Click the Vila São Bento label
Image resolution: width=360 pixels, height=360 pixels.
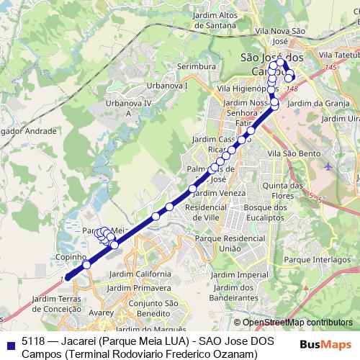[x=288, y=154]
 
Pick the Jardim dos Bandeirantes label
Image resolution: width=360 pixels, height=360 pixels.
[x=231, y=291]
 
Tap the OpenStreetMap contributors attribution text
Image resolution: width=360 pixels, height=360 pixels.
[x=297, y=323]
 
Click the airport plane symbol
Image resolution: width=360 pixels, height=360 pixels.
[x=329, y=166]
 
